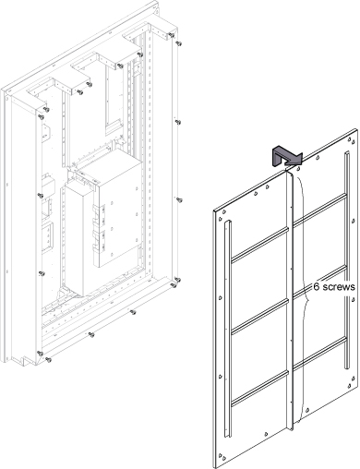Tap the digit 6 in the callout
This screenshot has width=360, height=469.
[317, 287]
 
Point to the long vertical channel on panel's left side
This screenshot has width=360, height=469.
[227, 329]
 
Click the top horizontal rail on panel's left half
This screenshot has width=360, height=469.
[259, 245]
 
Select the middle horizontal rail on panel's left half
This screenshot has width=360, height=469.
[259, 317]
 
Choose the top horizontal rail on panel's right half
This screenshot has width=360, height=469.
[320, 210]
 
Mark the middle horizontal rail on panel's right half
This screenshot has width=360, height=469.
[320, 282]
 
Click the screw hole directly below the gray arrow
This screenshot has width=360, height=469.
[298, 169]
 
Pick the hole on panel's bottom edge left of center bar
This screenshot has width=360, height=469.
[267, 434]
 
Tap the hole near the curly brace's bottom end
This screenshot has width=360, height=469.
[307, 410]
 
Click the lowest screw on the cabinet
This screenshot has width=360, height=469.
[48, 359]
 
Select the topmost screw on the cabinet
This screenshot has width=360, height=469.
[172, 35]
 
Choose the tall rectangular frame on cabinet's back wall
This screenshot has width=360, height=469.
[114, 99]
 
